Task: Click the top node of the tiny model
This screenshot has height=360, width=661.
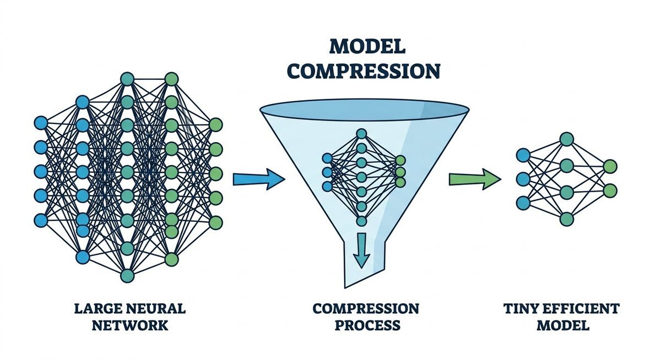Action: point(566,138)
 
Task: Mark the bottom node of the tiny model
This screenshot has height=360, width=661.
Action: point(566,219)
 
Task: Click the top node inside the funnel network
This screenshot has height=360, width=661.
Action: point(361,133)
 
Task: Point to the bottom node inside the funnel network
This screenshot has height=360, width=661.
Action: point(361,221)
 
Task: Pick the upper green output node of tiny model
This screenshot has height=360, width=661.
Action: point(610,166)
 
